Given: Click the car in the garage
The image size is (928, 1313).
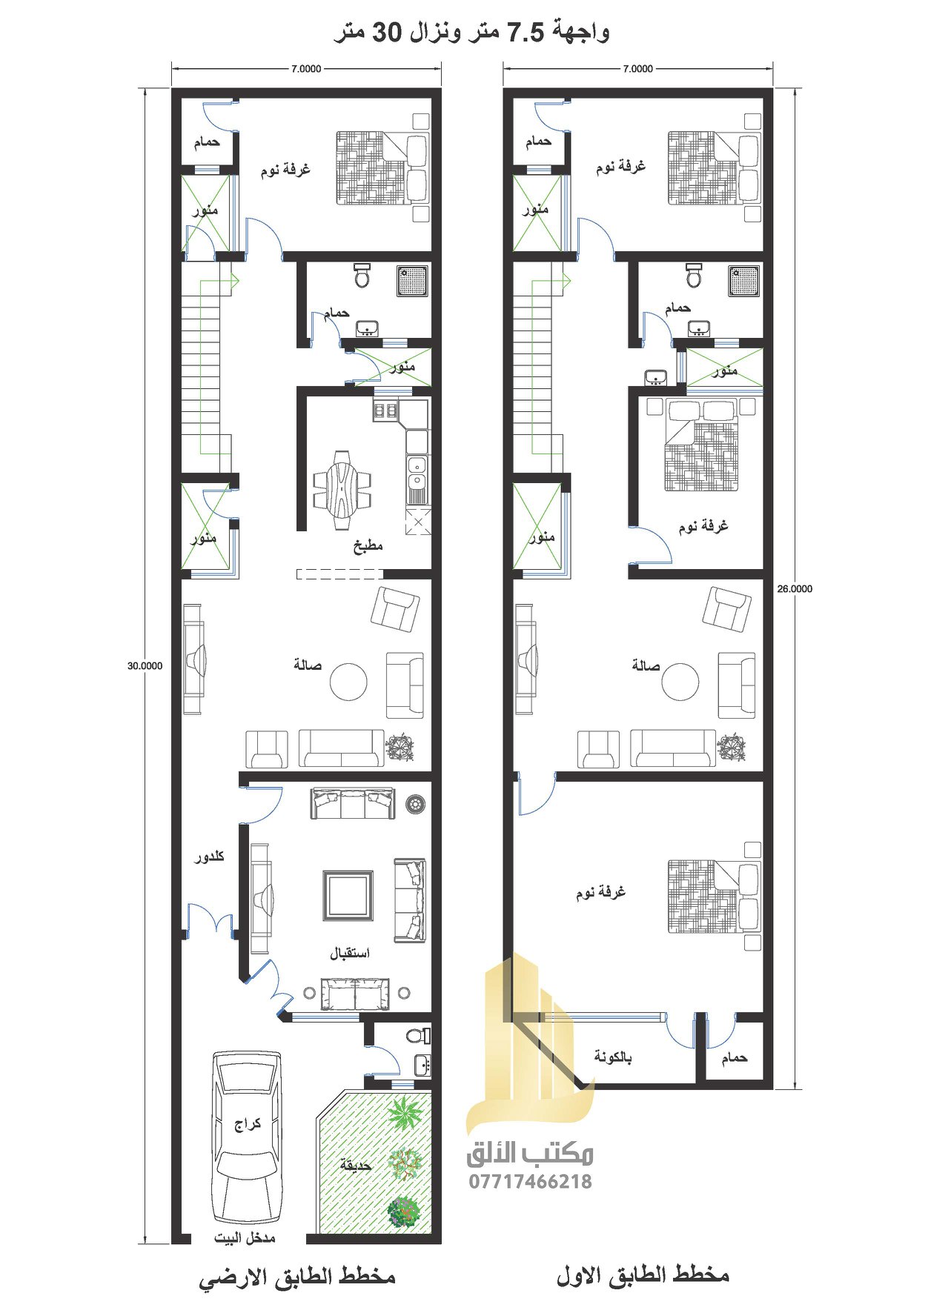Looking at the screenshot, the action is (x=247, y=1137).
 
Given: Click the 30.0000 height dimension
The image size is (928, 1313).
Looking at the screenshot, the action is (x=145, y=665).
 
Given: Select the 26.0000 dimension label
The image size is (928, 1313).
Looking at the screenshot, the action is (x=794, y=589).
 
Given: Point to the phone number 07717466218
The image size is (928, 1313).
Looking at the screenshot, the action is (x=530, y=1181).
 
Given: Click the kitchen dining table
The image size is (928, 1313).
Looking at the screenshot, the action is (x=342, y=490).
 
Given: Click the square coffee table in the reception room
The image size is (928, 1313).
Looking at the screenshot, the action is (x=348, y=896).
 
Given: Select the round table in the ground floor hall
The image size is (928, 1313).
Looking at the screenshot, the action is (x=348, y=682).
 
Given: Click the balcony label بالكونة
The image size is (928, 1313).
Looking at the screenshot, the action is (x=612, y=1057).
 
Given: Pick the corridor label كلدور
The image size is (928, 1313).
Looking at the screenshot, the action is (x=209, y=857).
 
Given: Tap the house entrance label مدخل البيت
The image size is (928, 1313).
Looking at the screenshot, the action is (x=245, y=1238).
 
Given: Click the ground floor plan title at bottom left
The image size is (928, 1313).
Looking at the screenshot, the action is (x=297, y=1277).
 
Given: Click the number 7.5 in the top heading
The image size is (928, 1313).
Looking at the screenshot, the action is (x=526, y=32).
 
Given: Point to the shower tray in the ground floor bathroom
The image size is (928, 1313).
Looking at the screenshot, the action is (x=413, y=281).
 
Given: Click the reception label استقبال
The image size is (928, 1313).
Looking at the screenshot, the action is (x=350, y=953).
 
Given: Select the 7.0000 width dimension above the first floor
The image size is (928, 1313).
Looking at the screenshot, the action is (x=638, y=69).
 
